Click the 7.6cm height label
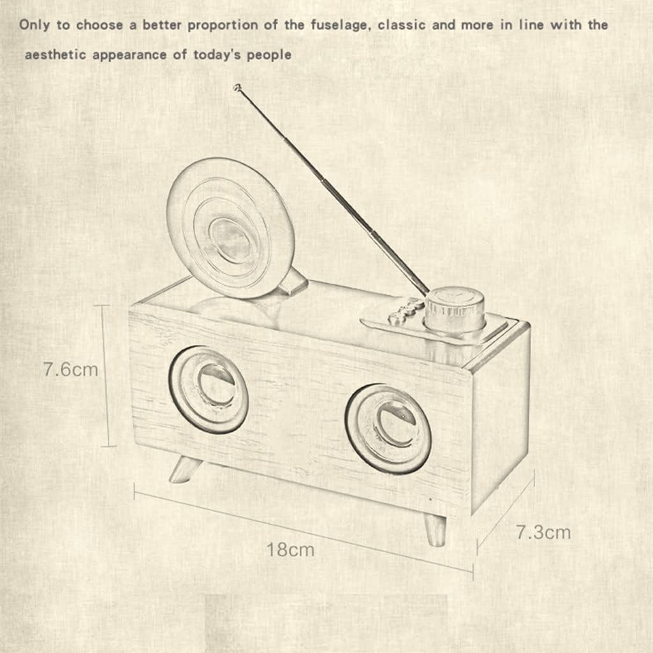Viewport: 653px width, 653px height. pyautogui.click(x=70, y=369)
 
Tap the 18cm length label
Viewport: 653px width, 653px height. pyautogui.click(x=290, y=549)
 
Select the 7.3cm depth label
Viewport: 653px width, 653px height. pyautogui.click(x=543, y=531)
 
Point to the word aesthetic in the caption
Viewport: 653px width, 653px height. pyautogui.click(x=55, y=55)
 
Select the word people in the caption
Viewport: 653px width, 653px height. pyautogui.click(x=268, y=55)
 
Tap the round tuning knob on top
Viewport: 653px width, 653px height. pyautogui.click(x=454, y=311)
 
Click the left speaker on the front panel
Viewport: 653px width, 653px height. pyautogui.click(x=209, y=388)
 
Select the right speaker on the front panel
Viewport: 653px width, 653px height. pyautogui.click(x=388, y=428)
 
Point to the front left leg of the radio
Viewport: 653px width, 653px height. pyautogui.click(x=184, y=470)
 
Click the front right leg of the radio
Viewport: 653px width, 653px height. pyautogui.click(x=436, y=529)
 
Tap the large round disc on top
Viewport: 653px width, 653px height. pyautogui.click(x=230, y=228)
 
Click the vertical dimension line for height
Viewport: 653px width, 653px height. pyautogui.click(x=106, y=376)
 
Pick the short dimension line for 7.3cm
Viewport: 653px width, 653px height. pyautogui.click(x=505, y=514)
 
